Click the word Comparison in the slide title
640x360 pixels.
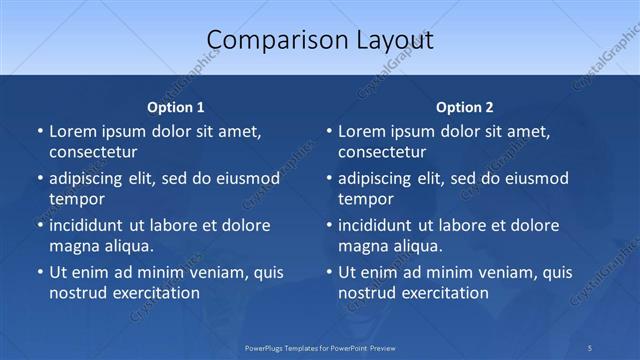tap(267, 40)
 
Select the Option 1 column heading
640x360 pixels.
tap(176, 107)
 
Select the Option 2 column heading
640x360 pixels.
tap(465, 107)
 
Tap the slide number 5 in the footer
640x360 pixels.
tap(590, 347)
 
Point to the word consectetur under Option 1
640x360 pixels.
tap(93, 152)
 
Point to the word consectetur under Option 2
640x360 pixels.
tap(382, 152)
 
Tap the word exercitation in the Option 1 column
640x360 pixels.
tap(155, 293)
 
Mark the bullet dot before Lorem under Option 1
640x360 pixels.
tap(40, 131)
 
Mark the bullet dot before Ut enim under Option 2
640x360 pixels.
tap(329, 272)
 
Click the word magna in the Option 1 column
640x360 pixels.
tap(72, 245)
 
